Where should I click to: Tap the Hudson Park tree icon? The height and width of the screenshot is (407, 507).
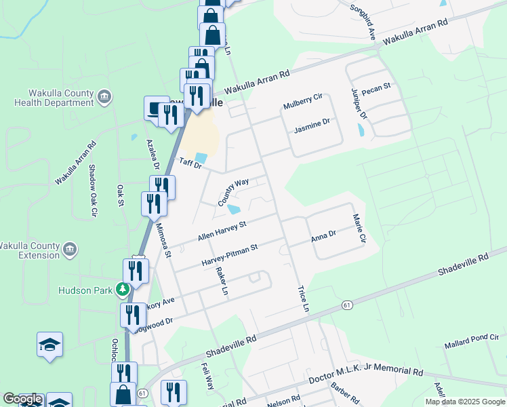click(x=123, y=290)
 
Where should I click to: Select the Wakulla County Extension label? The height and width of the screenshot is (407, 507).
click(x=30, y=250)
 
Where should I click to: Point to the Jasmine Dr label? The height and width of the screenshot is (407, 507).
click(x=311, y=125)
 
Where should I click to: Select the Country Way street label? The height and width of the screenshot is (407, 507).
click(x=234, y=192)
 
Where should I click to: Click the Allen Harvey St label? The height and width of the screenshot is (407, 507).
click(x=221, y=229)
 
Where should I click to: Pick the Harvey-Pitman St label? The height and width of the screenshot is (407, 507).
click(x=229, y=255)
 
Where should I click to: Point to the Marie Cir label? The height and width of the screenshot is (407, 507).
click(x=359, y=229)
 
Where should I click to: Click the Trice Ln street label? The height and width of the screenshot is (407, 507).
click(x=303, y=298)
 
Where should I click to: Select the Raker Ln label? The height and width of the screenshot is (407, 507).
click(x=221, y=280)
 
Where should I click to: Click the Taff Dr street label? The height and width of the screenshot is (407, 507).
click(x=190, y=163)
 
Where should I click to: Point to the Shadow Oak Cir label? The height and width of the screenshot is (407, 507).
click(x=92, y=192)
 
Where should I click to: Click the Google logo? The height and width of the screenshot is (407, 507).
click(x=22, y=399)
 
